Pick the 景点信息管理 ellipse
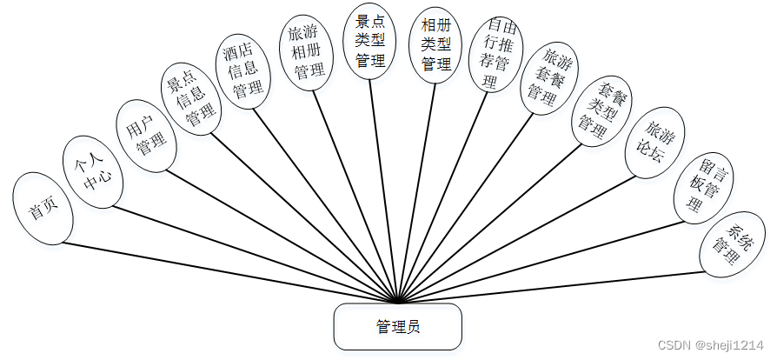(x=190, y=103)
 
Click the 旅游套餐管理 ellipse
(x=548, y=77)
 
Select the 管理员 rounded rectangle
(x=397, y=326)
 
